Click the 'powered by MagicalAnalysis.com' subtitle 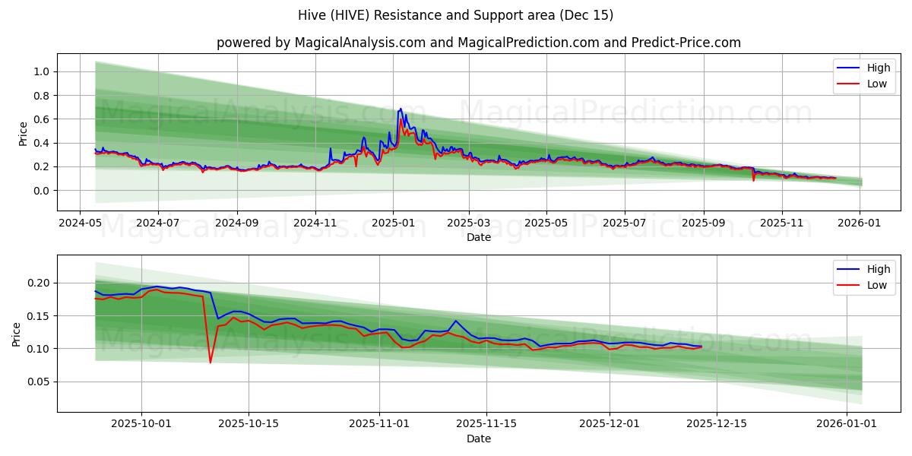pos(479,43)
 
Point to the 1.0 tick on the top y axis pos(41,71)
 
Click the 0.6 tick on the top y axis pos(41,119)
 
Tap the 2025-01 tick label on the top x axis pos(393,224)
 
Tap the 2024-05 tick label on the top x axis pos(81,224)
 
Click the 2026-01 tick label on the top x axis pos(860,224)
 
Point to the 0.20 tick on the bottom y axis pos(38,283)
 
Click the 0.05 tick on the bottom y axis pos(38,382)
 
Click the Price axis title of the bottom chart pos(17,334)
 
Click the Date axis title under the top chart pos(479,237)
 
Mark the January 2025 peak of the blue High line pos(401,109)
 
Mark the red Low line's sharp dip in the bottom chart pos(211,362)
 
